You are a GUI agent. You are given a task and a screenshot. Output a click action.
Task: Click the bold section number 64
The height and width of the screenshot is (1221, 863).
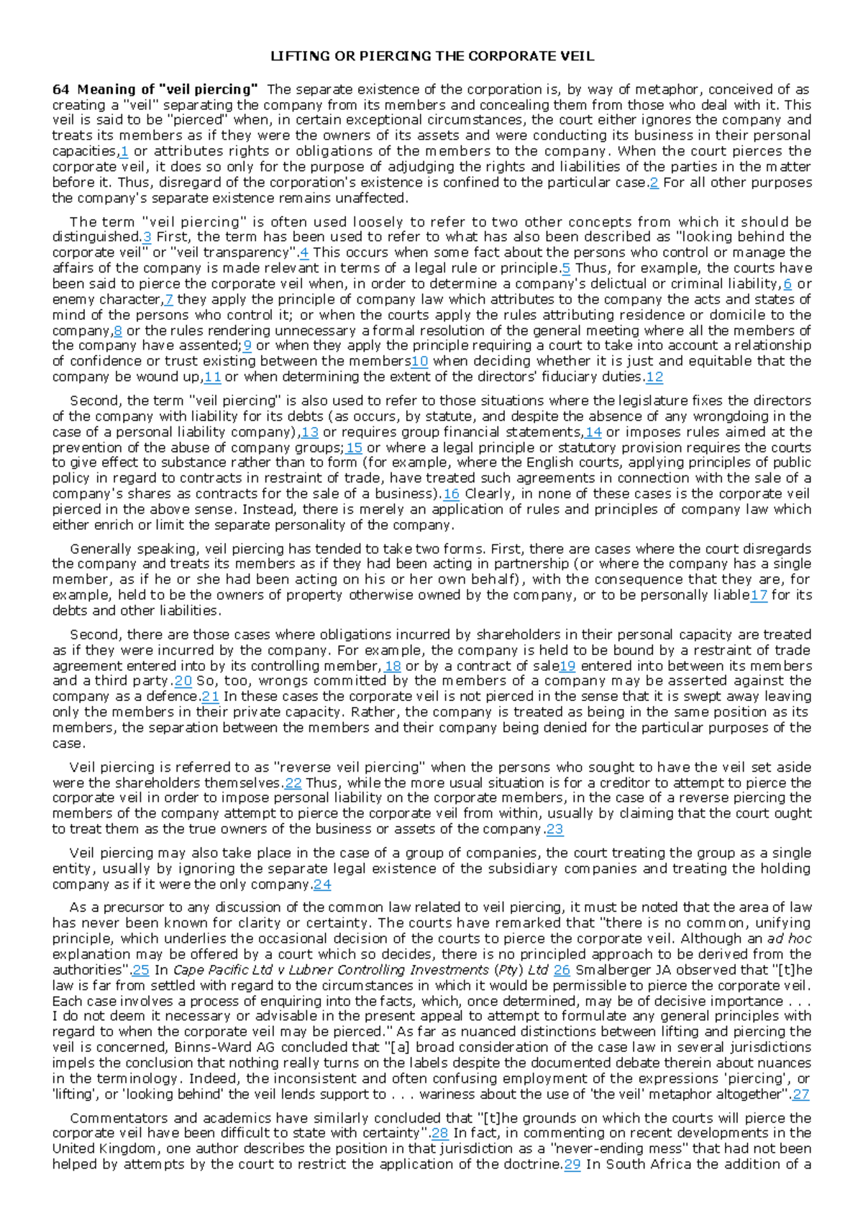[x=60, y=90]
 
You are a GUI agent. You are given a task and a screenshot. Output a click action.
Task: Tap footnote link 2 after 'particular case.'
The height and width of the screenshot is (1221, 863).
[x=654, y=183]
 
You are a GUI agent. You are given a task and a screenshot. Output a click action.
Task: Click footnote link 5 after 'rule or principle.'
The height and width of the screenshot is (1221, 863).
[x=566, y=269]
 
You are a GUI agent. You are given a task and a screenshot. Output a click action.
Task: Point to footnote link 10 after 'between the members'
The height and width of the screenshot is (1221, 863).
[x=419, y=362]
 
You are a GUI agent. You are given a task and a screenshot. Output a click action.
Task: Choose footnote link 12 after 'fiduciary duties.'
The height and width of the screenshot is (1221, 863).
[x=654, y=378]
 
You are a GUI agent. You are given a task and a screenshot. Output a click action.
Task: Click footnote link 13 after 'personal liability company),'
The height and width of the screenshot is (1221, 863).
[x=309, y=433]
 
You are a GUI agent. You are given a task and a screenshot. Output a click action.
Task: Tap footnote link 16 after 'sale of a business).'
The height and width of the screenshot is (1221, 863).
[x=451, y=495]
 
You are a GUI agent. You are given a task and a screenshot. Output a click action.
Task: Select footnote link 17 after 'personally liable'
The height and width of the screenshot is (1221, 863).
[x=759, y=595]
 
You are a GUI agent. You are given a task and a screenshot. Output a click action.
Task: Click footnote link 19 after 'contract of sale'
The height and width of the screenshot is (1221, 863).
[x=567, y=667]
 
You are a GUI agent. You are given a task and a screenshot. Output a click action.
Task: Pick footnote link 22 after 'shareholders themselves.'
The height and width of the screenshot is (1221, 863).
[x=293, y=784]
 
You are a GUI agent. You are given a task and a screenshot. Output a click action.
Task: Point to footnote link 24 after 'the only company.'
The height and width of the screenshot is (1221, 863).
[x=322, y=885]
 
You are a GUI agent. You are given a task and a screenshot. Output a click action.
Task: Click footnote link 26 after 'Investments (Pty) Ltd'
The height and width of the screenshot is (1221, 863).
[x=562, y=971]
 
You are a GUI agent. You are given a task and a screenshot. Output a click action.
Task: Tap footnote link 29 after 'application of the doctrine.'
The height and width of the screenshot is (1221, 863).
[x=572, y=1165]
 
